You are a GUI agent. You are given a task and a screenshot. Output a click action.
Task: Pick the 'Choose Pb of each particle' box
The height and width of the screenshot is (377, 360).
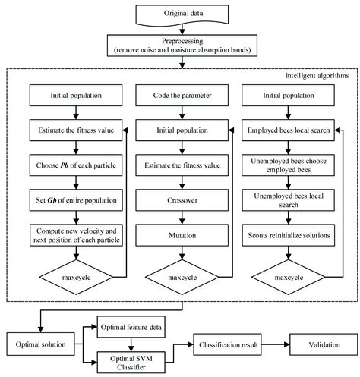point(74,163)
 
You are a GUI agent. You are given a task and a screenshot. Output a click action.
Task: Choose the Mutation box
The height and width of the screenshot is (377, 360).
point(180,236)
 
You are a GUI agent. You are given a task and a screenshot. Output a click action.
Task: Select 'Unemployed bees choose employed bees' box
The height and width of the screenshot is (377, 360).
point(287,165)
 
